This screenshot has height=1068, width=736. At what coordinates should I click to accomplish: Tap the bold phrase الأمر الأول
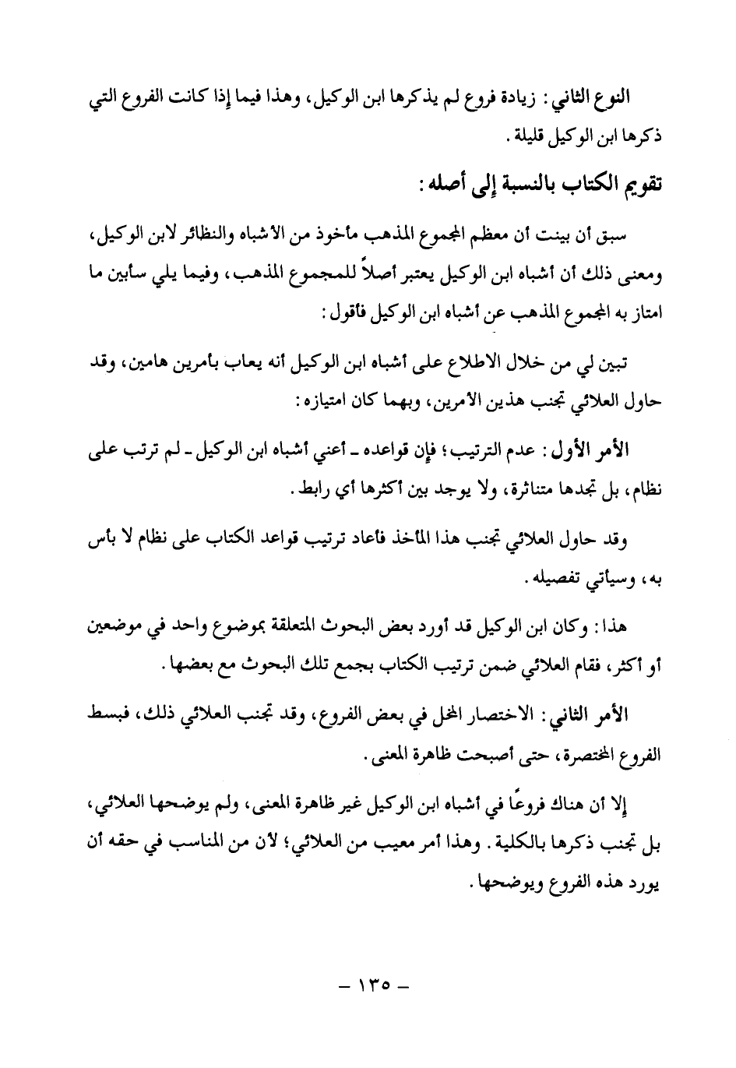coord(604,450)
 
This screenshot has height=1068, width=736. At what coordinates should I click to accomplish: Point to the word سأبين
coord(155,278)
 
